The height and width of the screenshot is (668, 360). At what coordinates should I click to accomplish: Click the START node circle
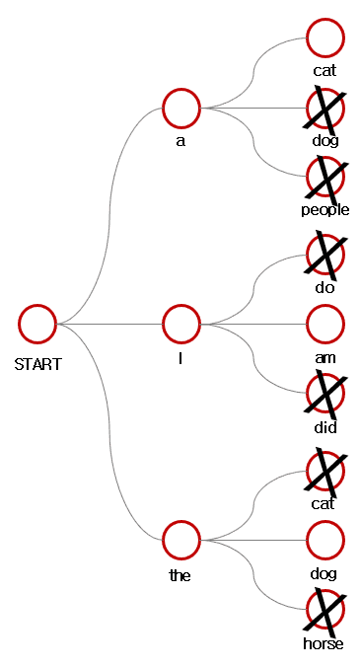click(x=37, y=324)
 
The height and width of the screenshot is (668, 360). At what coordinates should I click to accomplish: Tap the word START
click(x=38, y=364)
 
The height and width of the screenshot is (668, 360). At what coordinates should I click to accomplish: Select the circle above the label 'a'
click(x=181, y=108)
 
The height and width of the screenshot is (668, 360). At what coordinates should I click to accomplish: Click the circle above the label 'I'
click(x=181, y=324)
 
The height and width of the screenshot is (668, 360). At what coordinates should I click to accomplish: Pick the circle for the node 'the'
click(x=181, y=540)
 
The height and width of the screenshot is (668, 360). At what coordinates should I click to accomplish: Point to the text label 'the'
click(x=180, y=575)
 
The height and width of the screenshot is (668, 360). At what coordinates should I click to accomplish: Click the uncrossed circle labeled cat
click(x=325, y=38)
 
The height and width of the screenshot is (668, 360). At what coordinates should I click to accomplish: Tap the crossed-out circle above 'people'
click(x=325, y=176)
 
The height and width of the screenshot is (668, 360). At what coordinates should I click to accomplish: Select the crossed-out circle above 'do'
click(x=325, y=254)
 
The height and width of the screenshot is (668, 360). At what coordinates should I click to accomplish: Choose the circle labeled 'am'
click(x=325, y=324)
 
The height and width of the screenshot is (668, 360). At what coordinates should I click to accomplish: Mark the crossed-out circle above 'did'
click(x=325, y=393)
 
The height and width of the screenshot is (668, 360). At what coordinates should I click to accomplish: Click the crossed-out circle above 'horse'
click(x=325, y=609)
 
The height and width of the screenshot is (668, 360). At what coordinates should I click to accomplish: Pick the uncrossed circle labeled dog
click(x=325, y=540)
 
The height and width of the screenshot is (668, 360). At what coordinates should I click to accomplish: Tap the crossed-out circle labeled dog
click(x=325, y=108)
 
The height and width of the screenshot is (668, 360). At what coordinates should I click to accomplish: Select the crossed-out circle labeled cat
click(x=325, y=470)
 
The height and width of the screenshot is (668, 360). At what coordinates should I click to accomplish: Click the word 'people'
click(x=325, y=210)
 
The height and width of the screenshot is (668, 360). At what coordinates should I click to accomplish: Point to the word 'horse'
click(x=324, y=643)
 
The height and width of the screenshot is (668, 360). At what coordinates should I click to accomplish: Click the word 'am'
click(x=324, y=358)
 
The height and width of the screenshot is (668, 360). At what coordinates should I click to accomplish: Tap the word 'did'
click(x=325, y=427)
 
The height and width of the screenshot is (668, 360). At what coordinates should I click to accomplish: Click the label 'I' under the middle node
click(x=180, y=358)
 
